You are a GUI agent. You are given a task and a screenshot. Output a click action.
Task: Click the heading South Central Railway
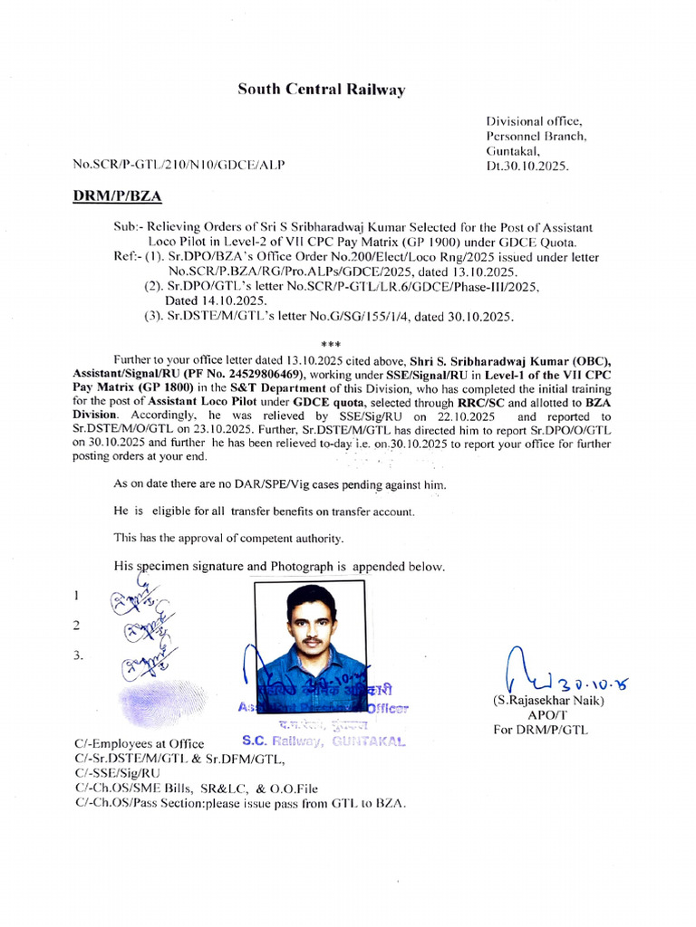pyautogui.click(x=321, y=90)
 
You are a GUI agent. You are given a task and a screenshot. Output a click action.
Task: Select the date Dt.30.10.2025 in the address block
pyautogui.click(x=527, y=167)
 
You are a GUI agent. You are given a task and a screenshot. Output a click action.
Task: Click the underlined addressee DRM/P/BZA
pyautogui.click(x=117, y=195)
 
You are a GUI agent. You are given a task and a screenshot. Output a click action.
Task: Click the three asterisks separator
pyautogui.click(x=330, y=344)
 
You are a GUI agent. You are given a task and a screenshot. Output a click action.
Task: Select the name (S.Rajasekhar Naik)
pyautogui.click(x=547, y=701)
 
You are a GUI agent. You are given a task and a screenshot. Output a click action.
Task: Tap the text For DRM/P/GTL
pyautogui.click(x=541, y=729)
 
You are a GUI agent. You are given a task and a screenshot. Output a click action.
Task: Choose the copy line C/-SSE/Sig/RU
pyautogui.click(x=117, y=773)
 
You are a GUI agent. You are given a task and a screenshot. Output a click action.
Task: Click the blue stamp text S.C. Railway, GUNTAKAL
pyautogui.click(x=323, y=741)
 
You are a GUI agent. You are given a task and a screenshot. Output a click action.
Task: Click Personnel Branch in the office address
pyautogui.click(x=536, y=136)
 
